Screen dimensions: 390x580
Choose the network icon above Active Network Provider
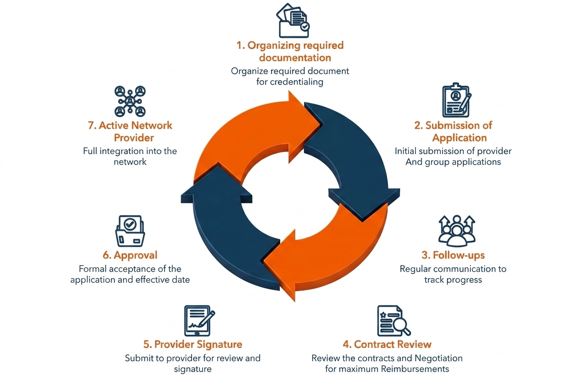pos(130,101)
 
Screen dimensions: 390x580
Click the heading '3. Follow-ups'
pos(453,255)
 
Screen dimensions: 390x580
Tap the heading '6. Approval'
pos(130,255)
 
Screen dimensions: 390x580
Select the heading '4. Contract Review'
pos(387,344)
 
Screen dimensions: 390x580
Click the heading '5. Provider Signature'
pos(192,344)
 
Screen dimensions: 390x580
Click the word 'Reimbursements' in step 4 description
pos(415,369)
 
